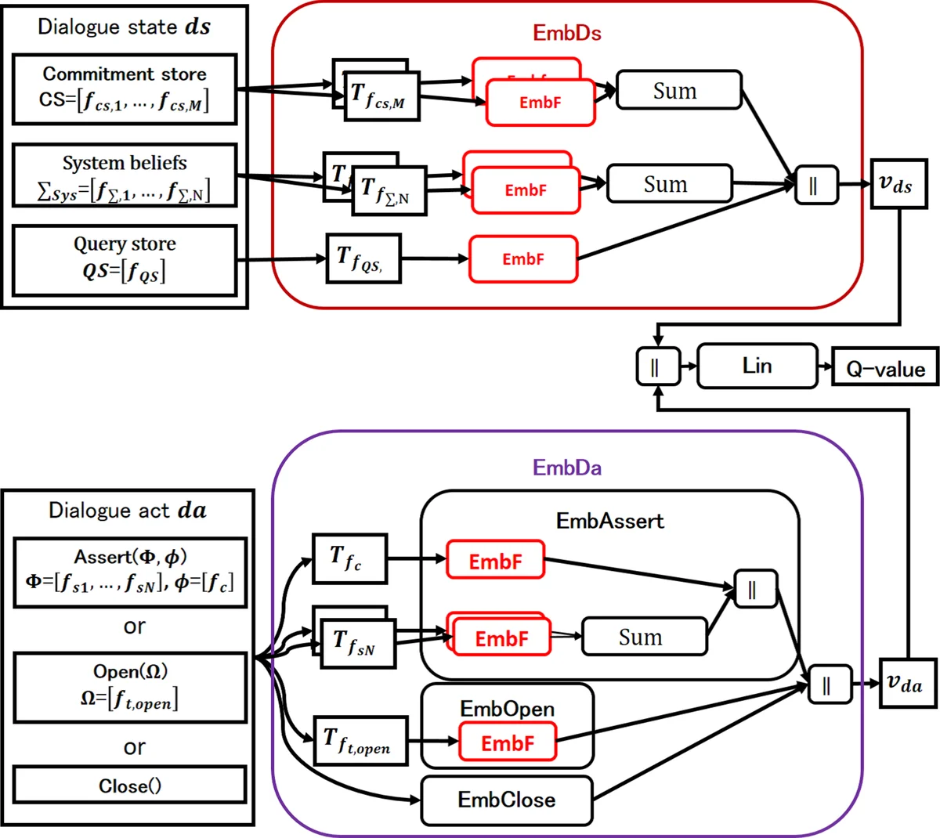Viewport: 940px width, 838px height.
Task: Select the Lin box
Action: (x=757, y=366)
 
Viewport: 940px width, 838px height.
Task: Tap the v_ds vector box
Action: (x=895, y=185)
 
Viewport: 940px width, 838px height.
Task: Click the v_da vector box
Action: (x=905, y=684)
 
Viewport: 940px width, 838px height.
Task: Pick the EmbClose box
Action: (x=506, y=800)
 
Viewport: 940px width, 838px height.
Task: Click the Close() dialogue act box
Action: (x=130, y=786)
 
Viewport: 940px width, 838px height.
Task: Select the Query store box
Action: (x=125, y=260)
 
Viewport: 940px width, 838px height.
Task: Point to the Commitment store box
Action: (x=125, y=89)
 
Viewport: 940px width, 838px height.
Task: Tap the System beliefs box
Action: (x=125, y=175)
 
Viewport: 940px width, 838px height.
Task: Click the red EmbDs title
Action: (x=566, y=33)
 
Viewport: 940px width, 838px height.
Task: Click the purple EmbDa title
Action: (x=566, y=468)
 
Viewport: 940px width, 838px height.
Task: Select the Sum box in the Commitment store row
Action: (x=678, y=91)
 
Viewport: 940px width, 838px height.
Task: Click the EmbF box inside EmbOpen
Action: (x=507, y=742)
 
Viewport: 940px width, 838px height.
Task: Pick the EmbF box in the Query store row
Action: (x=522, y=259)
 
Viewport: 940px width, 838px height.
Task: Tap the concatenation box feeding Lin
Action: (x=657, y=367)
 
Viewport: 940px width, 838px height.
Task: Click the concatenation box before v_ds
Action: (x=815, y=186)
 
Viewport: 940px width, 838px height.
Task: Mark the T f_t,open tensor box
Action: (x=360, y=740)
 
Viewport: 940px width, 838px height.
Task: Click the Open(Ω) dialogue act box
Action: (x=130, y=687)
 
